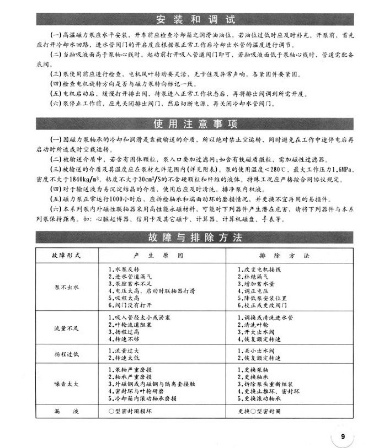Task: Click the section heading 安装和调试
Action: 191,18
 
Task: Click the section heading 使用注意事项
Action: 191,122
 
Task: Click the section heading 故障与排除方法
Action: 191,239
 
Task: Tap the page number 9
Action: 343,436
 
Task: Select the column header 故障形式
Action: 66,256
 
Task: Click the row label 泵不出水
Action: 67,288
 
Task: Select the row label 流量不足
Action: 67,328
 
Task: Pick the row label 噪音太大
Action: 67,384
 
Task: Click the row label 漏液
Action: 67,412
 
